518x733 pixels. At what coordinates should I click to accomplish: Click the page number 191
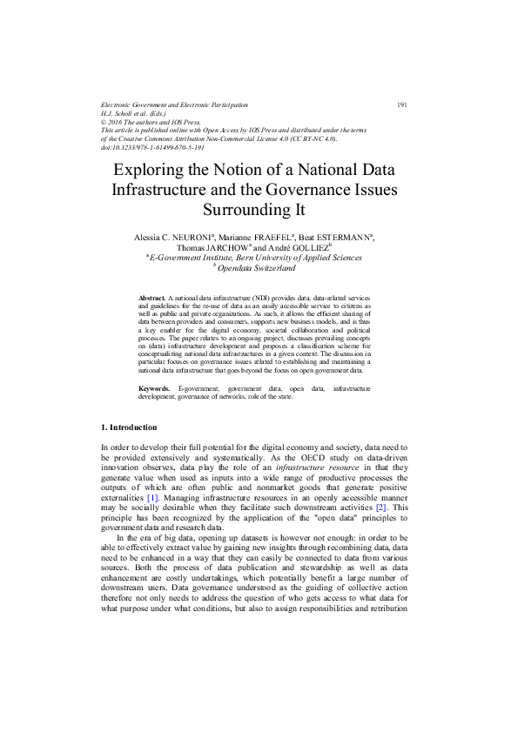402,105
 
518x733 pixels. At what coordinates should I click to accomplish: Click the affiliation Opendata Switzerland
261,269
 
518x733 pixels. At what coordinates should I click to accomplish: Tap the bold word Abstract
151,298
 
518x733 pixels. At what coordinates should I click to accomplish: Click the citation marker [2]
380,507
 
